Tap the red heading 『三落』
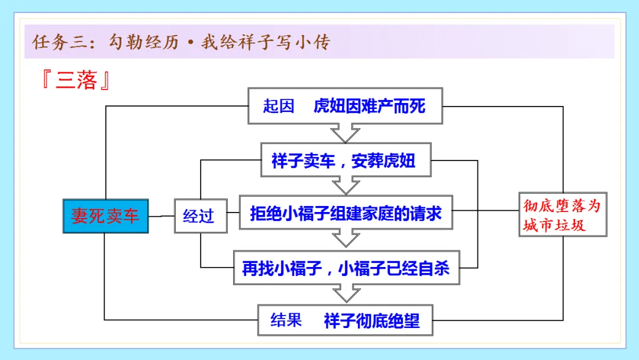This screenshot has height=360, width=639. click(76, 81)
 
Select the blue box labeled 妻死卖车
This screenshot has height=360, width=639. click(105, 216)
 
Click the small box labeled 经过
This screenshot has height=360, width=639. click(199, 216)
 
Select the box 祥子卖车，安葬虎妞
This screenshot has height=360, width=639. click(346, 160)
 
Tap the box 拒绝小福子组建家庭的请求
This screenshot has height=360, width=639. click(346, 212)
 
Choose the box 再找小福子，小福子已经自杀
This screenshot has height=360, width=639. click(346, 267)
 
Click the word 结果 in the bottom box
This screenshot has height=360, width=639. click(286, 320)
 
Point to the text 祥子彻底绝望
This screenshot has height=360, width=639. click(372, 320)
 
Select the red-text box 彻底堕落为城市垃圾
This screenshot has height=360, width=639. click(562, 214)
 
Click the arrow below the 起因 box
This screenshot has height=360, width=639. click(346, 133)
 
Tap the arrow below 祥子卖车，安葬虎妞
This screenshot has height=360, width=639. click(346, 186)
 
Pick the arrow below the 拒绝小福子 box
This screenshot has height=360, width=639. click(346, 238)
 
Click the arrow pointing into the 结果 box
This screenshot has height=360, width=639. click(346, 293)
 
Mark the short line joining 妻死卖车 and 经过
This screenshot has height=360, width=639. click(161, 216)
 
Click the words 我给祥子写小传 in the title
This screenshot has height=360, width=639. click(265, 43)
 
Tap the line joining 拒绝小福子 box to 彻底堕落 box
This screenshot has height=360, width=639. click(485, 210)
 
